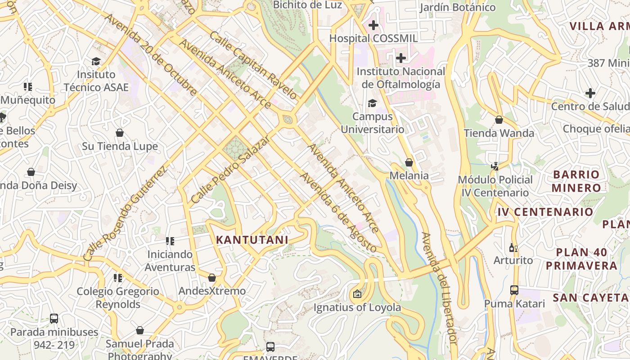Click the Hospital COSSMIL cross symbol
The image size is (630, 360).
tap(373, 25)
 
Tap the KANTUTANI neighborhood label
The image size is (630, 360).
tap(252, 240)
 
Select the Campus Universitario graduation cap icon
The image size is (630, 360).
tap(372, 103)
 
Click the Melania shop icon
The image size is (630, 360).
tap(409, 162)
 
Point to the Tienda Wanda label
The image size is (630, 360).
tap(499, 133)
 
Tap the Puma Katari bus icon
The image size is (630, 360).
tap(514, 290)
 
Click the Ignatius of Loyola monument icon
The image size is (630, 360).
tap(357, 294)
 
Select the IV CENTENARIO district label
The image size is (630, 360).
tap(545, 212)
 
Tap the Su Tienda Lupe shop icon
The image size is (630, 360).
tap(120, 133)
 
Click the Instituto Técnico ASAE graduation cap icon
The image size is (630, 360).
tap(96, 61)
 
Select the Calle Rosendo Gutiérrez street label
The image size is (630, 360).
tap(125, 213)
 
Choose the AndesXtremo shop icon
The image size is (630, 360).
tap(212, 278)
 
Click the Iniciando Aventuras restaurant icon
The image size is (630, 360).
tap(170, 241)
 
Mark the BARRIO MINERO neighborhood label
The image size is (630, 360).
tap(576, 181)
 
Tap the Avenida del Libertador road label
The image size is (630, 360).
tap(440, 288)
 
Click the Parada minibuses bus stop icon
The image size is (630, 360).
tap(54, 319)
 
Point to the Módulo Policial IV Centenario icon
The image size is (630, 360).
tap(495, 166)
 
